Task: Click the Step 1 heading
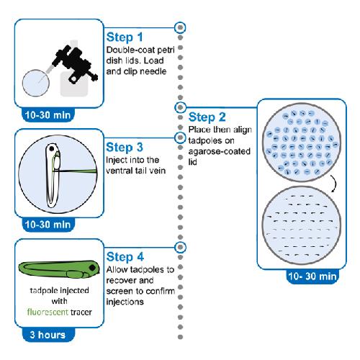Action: (125, 37)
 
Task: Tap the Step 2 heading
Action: (207, 117)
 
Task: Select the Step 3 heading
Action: (125, 147)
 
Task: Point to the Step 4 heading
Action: (125, 257)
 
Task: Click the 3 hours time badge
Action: (48, 335)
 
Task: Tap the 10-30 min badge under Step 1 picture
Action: (48, 115)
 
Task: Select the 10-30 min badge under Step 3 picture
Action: (48, 225)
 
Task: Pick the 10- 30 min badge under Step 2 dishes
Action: (312, 276)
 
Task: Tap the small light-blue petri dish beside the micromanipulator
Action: (36, 83)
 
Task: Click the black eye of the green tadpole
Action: (92, 268)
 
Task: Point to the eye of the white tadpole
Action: (52, 149)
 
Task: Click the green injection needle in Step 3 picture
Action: (77, 171)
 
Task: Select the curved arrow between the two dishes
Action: (335, 184)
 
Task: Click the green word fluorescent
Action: (48, 312)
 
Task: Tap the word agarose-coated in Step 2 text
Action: (220, 151)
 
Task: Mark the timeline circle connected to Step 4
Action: (180, 247)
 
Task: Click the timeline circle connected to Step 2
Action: (180, 107)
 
